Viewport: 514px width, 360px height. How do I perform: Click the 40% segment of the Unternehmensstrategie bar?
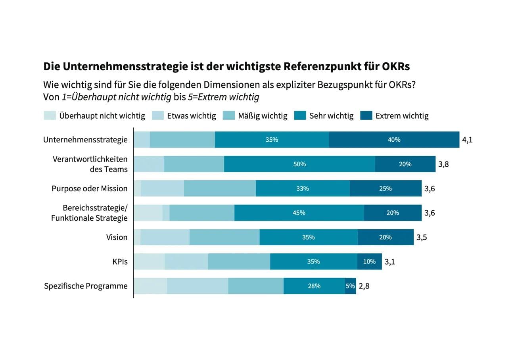point(394,140)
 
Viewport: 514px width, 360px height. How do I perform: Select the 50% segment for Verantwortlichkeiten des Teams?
point(299,164)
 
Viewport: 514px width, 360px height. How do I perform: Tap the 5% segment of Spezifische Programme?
point(350,286)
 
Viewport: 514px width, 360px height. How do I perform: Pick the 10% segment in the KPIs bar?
point(369,262)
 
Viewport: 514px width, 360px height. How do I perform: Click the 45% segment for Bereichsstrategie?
point(299,213)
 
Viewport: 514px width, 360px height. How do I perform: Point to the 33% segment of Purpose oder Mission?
point(302,189)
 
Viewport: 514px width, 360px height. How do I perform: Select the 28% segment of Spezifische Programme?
point(314,286)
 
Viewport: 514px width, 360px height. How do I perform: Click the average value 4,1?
point(467,140)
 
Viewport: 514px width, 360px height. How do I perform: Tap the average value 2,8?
point(364,286)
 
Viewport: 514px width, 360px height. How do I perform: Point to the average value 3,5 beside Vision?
point(422,237)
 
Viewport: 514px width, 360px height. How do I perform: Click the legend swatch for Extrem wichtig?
point(366,116)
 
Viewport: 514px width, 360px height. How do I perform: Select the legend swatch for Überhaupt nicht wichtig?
point(50,116)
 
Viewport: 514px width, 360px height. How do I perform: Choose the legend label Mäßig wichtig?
point(263,116)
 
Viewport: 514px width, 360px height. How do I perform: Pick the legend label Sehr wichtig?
point(331,116)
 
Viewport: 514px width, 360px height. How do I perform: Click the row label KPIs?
point(120,262)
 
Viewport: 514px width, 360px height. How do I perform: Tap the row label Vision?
point(117,237)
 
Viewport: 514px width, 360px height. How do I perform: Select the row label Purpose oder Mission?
point(90,189)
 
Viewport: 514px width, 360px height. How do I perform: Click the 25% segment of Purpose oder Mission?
point(385,189)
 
